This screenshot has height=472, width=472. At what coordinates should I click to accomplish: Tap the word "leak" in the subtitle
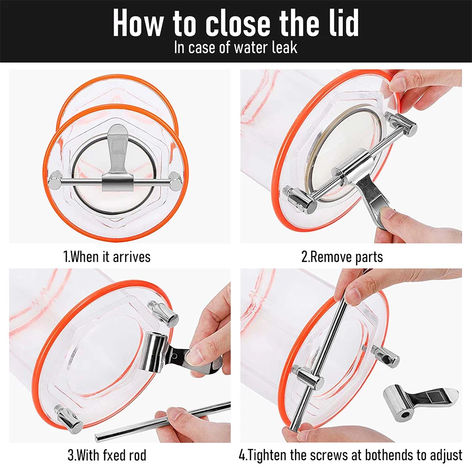[285, 48]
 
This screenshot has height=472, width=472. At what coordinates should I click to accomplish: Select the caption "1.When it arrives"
[107, 257]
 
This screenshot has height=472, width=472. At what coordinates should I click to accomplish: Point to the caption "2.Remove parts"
[342, 257]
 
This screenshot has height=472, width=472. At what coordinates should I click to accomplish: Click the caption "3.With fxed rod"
[107, 455]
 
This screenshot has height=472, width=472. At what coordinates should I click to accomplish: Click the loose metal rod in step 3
[163, 421]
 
